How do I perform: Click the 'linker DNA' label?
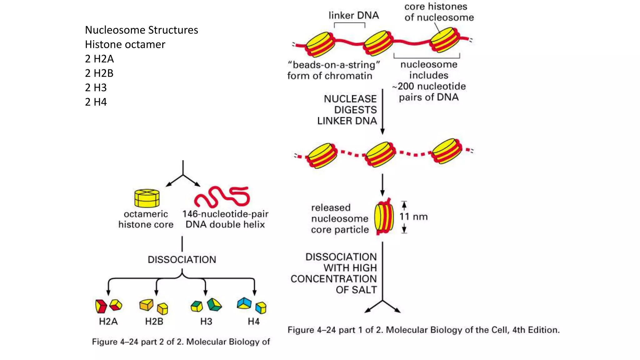coord(353,15)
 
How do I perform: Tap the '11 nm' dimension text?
coord(413,217)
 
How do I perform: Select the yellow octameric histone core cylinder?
coord(147,198)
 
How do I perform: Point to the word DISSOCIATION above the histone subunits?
coord(182,259)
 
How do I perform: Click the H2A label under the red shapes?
coord(108,321)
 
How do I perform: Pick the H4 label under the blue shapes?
coord(253,321)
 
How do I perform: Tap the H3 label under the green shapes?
coord(206,321)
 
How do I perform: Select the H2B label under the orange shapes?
coord(154,321)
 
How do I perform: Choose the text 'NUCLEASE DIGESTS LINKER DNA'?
coord(347,110)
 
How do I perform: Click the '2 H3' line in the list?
coord(96,87)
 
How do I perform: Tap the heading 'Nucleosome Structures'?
coord(141,30)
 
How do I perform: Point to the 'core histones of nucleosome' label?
coord(439,12)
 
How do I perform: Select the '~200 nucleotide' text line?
coord(429,86)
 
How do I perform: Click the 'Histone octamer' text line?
coord(125,44)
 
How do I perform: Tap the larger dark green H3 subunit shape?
coord(214,304)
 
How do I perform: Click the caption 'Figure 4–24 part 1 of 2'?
coord(423,330)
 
